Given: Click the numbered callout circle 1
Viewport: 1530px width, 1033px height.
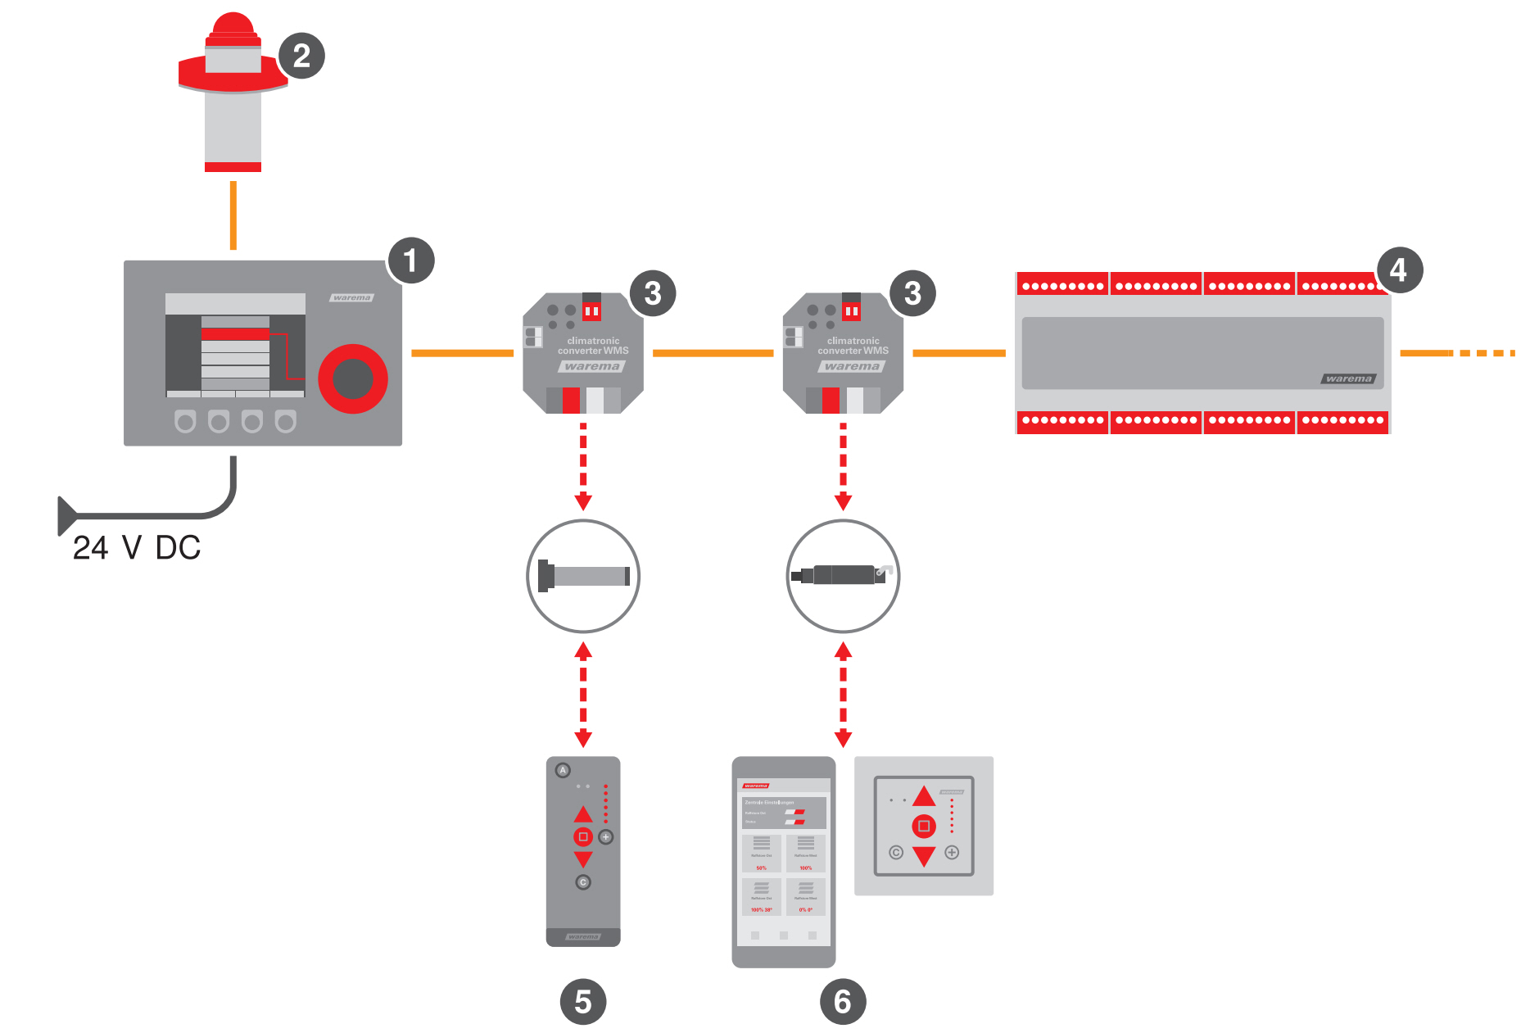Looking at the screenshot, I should [x=410, y=261].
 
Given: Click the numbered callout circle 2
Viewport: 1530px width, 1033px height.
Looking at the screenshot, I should [x=301, y=56].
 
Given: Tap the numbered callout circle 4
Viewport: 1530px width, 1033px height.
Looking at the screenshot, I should [x=1399, y=270].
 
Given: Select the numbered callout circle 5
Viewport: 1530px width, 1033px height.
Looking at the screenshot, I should [x=582, y=1001].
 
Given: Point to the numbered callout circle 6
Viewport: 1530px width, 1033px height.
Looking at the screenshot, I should [x=843, y=1001].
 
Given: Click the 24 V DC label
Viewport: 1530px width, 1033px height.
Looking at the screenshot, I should [x=137, y=548].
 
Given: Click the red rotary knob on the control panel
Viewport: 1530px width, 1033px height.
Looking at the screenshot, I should [x=353, y=378].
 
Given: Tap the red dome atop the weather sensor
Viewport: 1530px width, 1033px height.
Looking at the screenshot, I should [x=233, y=26].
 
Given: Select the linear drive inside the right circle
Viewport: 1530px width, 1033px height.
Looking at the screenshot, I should [x=842, y=575].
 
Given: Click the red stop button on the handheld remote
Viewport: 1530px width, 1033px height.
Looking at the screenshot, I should [x=582, y=836].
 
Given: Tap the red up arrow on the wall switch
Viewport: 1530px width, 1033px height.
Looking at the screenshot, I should [x=924, y=796].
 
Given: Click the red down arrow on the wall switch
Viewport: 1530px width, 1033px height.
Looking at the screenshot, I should [x=924, y=857].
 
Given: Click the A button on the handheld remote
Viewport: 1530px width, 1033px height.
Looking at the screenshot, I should [x=563, y=770].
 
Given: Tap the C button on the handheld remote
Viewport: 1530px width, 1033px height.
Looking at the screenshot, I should [x=582, y=882].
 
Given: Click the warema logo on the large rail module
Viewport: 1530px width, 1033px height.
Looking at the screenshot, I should [x=1348, y=378].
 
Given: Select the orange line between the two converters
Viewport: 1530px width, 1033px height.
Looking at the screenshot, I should [x=713, y=353].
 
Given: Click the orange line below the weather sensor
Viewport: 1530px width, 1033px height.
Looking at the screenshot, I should [x=233, y=215].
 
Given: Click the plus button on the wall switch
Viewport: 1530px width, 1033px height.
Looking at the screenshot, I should [x=952, y=853].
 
